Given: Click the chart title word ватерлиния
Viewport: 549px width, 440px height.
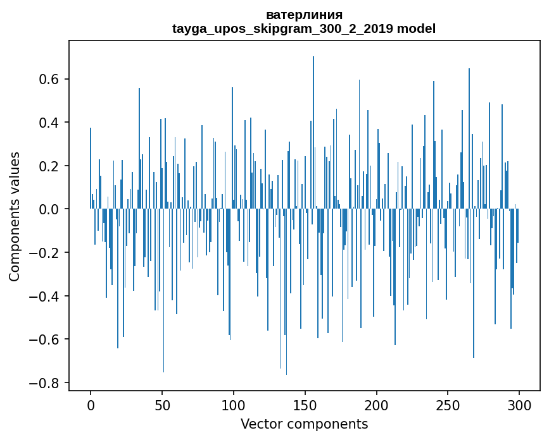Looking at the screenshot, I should (x=304, y=15).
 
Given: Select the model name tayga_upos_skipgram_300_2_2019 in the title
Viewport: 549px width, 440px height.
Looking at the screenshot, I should (x=283, y=29).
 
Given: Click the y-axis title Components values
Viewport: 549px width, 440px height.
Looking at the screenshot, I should (x=15, y=216).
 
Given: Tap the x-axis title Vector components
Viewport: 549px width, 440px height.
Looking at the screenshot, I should (x=304, y=424).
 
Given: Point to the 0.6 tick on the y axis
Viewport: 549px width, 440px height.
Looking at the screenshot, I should (x=49, y=80).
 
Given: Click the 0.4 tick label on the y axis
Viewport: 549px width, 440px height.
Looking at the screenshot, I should (x=49, y=123).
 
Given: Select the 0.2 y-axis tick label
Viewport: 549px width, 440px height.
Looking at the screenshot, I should (x=49, y=166).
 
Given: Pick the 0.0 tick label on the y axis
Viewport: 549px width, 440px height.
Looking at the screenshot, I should (x=49, y=209).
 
